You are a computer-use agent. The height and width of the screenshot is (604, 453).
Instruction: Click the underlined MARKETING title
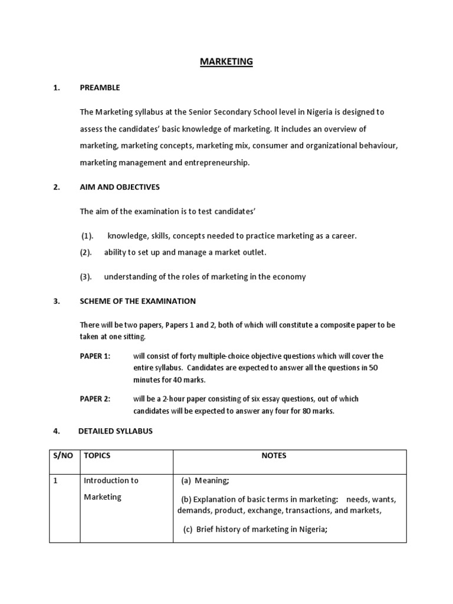click(x=226, y=61)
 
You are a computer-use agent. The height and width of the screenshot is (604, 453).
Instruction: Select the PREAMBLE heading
click(x=100, y=88)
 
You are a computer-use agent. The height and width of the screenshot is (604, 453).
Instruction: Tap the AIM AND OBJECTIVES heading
click(x=120, y=188)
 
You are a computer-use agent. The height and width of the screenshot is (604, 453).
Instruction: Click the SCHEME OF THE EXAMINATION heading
click(x=137, y=301)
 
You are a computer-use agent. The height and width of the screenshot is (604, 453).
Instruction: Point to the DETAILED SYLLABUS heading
click(x=115, y=431)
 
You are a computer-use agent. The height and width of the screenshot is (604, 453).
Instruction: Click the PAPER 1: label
click(x=95, y=356)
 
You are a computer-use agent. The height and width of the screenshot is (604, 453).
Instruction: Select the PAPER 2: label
click(x=95, y=399)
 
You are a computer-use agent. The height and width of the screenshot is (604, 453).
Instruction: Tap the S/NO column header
click(x=63, y=456)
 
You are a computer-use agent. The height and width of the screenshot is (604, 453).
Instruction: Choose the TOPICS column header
click(x=97, y=456)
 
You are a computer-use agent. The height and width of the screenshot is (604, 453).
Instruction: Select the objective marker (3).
click(x=86, y=277)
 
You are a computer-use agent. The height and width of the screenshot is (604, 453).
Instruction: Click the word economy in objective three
click(x=290, y=277)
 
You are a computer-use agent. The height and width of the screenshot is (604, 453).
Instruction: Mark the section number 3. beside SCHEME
click(x=57, y=301)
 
